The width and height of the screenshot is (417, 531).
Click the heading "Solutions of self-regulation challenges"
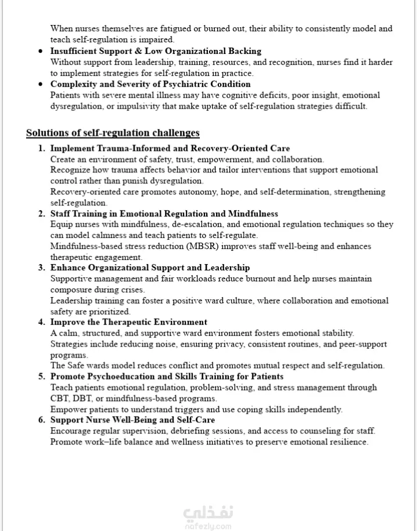click(113, 133)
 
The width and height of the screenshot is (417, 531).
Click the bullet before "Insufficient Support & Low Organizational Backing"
click(40, 51)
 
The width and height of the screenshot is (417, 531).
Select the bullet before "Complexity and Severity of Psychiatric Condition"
click(40, 84)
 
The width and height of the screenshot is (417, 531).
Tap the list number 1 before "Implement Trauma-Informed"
click(42, 149)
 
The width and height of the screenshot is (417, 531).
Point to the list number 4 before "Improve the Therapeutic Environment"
click(42, 322)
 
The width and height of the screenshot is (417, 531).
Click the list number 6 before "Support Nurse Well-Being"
click(42, 420)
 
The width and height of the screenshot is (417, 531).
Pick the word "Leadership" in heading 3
click(227, 268)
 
